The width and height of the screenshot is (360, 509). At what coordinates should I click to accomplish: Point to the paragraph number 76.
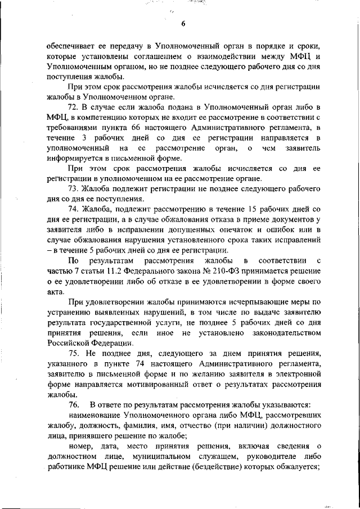pyautogui.click(x=74, y=405)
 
